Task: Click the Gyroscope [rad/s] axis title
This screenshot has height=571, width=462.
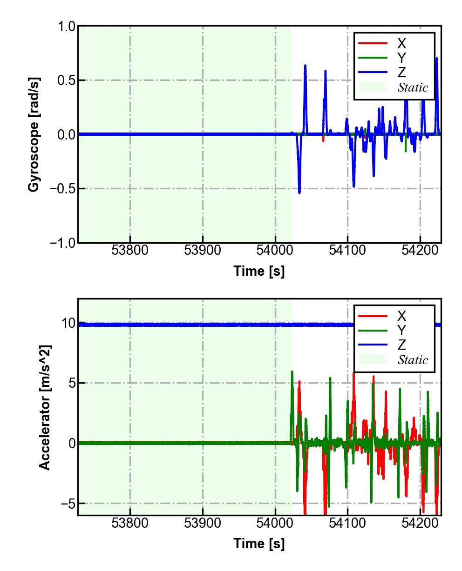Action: click(x=34, y=134)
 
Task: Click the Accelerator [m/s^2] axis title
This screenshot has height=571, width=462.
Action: click(x=45, y=407)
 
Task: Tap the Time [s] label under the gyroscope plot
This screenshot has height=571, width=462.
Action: click(x=259, y=271)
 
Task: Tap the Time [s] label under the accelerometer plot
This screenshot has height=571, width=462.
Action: click(x=259, y=543)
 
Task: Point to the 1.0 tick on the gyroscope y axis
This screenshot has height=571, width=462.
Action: click(x=66, y=27)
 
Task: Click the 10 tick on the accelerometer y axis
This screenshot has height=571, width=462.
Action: click(x=68, y=323)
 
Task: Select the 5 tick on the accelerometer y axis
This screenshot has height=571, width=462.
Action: click(x=71, y=383)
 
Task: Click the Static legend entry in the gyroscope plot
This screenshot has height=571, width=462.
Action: click(x=413, y=87)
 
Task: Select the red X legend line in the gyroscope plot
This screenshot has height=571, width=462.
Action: click(x=373, y=43)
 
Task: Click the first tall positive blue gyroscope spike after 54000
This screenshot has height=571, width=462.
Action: click(x=305, y=66)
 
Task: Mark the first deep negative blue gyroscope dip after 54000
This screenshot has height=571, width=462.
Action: click(x=299, y=192)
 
